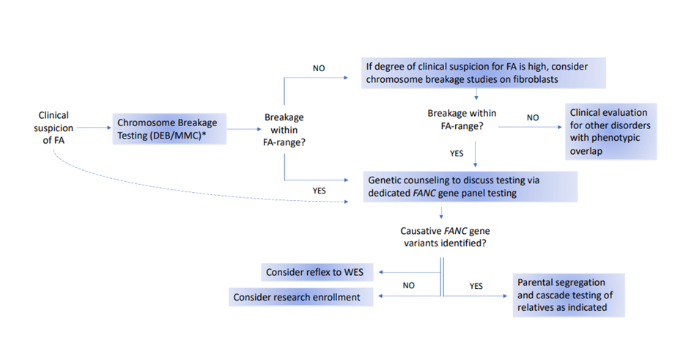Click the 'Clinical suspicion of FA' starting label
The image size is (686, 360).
(x=54, y=128)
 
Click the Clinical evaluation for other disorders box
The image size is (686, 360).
(x=611, y=133)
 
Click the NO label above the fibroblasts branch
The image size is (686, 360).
(x=320, y=68)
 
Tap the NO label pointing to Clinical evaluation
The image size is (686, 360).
(x=533, y=117)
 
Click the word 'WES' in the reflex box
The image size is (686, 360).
(x=353, y=272)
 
